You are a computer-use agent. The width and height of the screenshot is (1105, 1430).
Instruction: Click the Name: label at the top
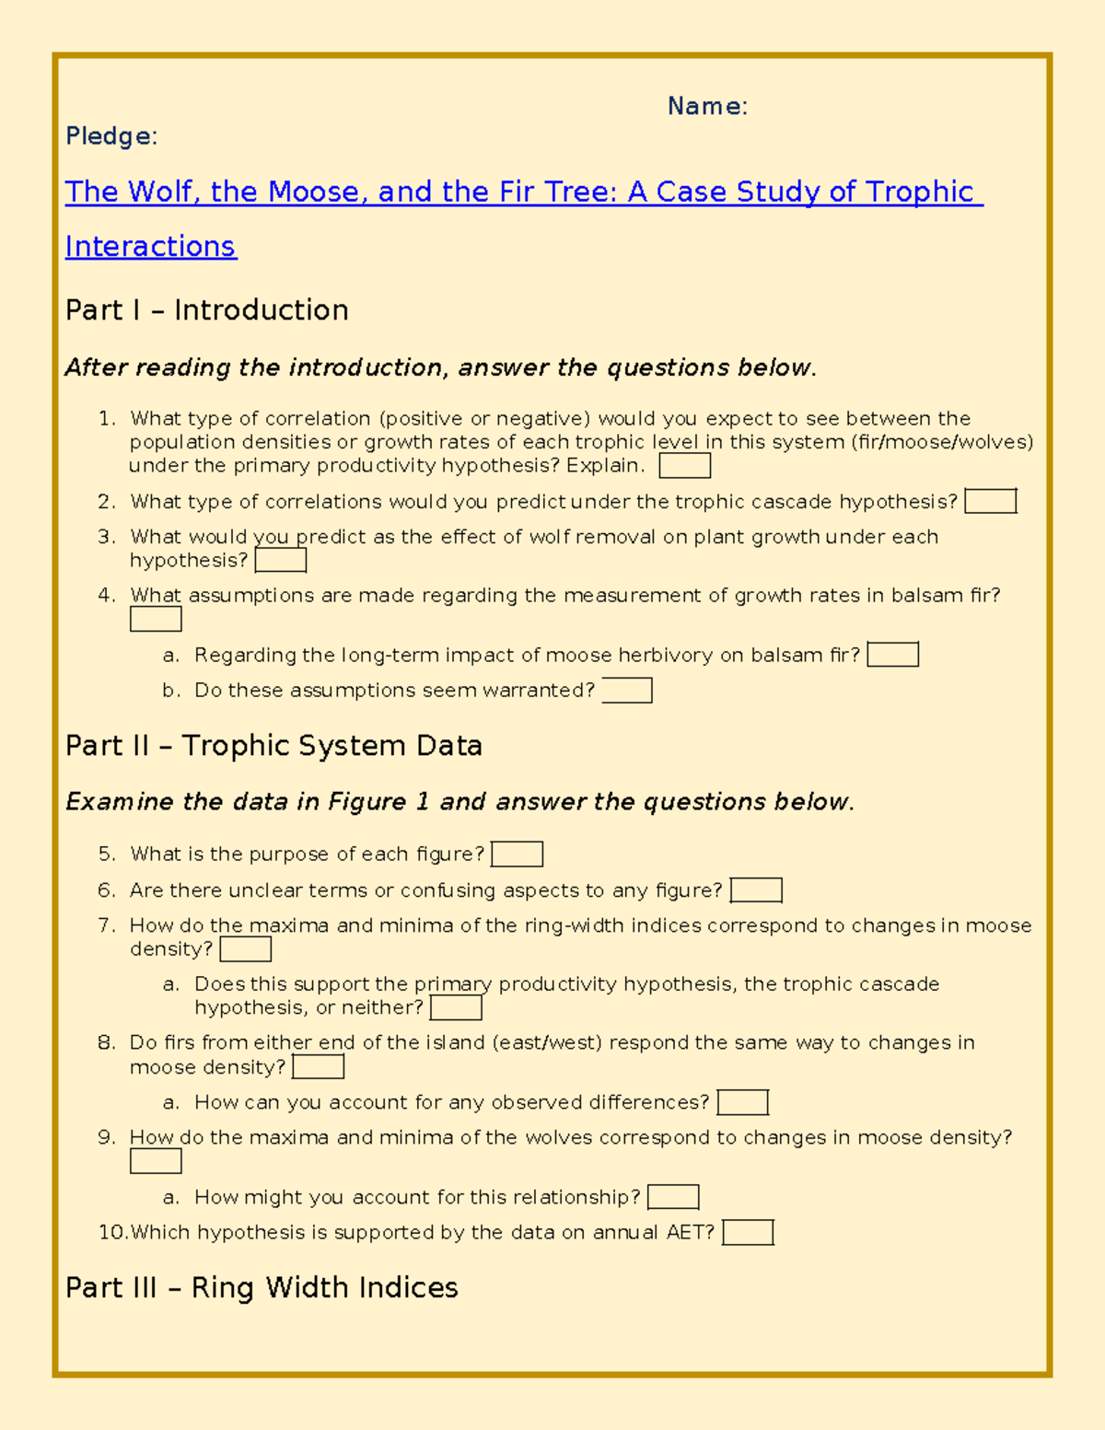click(707, 107)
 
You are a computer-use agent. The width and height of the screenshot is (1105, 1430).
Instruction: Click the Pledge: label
click(111, 136)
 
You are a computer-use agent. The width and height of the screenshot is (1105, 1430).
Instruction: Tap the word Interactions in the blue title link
click(151, 247)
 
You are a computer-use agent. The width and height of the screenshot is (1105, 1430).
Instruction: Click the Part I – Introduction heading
click(206, 310)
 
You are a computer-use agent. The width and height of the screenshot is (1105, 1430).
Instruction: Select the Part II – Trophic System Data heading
click(273, 746)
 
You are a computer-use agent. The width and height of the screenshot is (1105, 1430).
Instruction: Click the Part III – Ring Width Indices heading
click(262, 1287)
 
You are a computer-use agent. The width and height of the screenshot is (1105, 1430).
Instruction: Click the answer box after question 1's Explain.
click(684, 466)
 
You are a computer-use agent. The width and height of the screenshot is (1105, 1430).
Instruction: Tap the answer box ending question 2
click(990, 502)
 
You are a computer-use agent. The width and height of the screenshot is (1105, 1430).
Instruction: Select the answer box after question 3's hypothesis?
click(280, 561)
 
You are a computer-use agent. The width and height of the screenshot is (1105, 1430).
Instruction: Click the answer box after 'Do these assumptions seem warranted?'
click(626, 691)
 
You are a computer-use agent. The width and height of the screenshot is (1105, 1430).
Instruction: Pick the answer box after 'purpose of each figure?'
click(517, 855)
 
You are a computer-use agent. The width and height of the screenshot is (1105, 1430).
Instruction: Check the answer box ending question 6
click(755, 890)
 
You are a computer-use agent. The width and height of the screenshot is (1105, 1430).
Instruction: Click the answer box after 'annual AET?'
click(748, 1233)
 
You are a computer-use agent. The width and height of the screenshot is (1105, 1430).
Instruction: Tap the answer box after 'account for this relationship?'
click(673, 1197)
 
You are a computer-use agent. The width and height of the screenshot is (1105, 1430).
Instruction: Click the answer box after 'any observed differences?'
click(742, 1102)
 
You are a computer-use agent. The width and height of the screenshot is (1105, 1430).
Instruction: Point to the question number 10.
click(112, 1233)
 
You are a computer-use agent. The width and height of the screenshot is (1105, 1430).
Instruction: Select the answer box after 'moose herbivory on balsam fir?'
click(892, 655)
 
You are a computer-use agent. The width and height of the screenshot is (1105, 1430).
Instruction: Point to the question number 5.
click(107, 855)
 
